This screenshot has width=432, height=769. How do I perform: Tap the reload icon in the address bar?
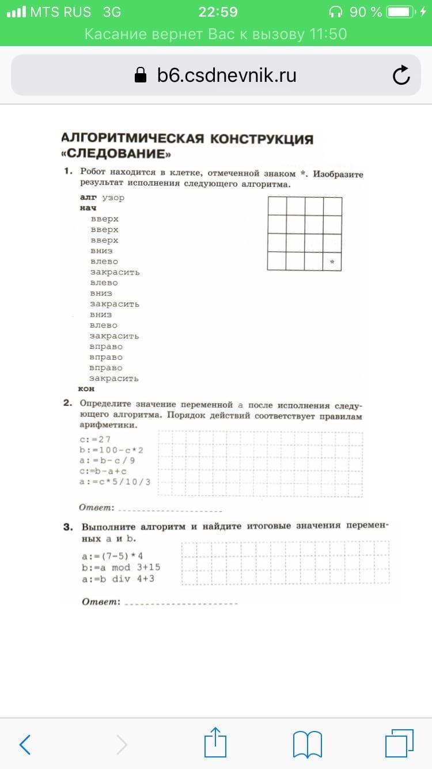[x=400, y=75]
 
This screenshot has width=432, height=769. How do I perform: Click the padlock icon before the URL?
[x=140, y=75]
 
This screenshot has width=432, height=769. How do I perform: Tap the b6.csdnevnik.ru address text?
[x=226, y=75]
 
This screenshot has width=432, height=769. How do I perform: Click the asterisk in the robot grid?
[x=332, y=262]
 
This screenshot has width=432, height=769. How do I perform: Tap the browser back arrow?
[x=25, y=745]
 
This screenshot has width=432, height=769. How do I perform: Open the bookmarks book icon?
[x=306, y=744]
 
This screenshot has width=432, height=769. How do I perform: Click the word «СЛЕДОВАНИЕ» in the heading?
[x=117, y=154]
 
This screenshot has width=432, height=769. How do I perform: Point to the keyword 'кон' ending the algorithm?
[x=86, y=389]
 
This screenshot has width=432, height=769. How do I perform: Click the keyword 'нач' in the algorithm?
[x=88, y=208]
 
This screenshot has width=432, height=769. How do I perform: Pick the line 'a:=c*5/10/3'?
[x=115, y=481]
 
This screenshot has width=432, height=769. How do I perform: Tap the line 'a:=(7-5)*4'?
[x=112, y=557]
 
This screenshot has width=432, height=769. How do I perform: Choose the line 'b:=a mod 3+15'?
[x=121, y=568]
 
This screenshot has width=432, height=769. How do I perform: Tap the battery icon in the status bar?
[x=402, y=12]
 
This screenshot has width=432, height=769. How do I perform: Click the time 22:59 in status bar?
[x=218, y=12]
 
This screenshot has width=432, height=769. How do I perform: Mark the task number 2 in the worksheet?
[x=67, y=404]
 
